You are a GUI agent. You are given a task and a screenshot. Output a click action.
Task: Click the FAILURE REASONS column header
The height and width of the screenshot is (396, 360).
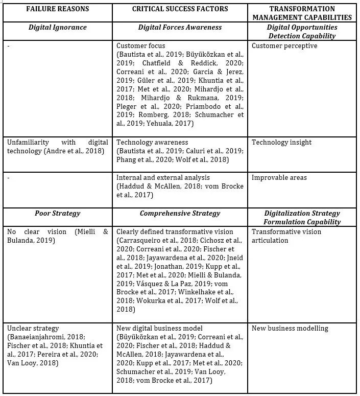click(x=58, y=9)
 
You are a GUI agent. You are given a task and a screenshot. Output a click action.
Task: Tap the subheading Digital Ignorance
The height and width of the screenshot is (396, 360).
click(x=58, y=27)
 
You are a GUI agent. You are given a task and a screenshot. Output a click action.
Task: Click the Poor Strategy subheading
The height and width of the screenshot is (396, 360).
click(x=58, y=213)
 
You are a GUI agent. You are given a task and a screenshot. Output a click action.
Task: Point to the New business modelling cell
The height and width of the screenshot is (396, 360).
click(x=290, y=328)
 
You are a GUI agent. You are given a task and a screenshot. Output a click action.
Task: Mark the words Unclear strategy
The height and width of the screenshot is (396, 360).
click(x=33, y=328)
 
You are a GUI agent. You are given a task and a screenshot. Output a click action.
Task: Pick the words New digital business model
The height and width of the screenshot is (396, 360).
click(x=160, y=328)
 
